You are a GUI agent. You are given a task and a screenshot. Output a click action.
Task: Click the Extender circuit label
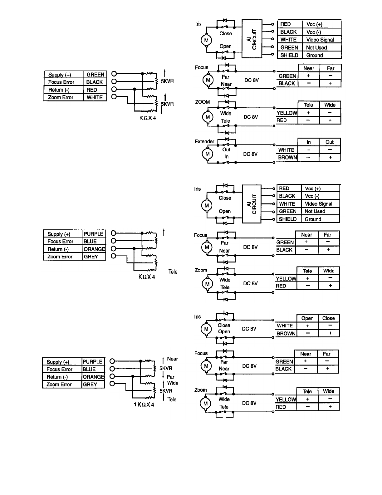tap(204, 141)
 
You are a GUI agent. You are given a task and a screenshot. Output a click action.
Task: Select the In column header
tap(308, 142)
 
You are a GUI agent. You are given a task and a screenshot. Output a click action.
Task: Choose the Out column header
tap(330, 142)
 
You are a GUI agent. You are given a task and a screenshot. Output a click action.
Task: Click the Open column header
tap(307, 318)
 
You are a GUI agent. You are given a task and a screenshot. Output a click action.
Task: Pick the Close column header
tap(328, 318)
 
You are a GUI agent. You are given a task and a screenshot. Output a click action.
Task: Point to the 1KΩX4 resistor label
tap(144, 404)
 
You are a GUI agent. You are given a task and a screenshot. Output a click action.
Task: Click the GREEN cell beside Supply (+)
tap(95, 75)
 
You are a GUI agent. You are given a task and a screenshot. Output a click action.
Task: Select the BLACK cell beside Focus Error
tap(95, 82)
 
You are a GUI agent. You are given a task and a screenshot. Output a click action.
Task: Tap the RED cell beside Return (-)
tap(92, 90)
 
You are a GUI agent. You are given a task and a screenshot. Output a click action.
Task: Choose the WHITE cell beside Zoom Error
tap(95, 97)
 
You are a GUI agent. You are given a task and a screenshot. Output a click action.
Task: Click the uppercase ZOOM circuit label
tap(202, 102)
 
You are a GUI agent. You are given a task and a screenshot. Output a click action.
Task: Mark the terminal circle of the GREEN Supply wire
tap(114, 74)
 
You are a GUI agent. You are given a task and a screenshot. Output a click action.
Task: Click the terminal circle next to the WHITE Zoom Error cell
tap(114, 97)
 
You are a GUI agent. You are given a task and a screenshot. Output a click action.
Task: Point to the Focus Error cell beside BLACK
tap(61, 82)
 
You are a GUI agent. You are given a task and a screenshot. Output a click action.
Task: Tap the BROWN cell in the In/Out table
tap(287, 158)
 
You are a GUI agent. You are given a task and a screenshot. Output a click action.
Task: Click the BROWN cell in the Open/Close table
tap(286, 333)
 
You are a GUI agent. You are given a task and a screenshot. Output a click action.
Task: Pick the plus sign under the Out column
tap(330, 158)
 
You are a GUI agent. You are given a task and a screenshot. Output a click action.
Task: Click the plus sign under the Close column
tap(330, 333)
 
